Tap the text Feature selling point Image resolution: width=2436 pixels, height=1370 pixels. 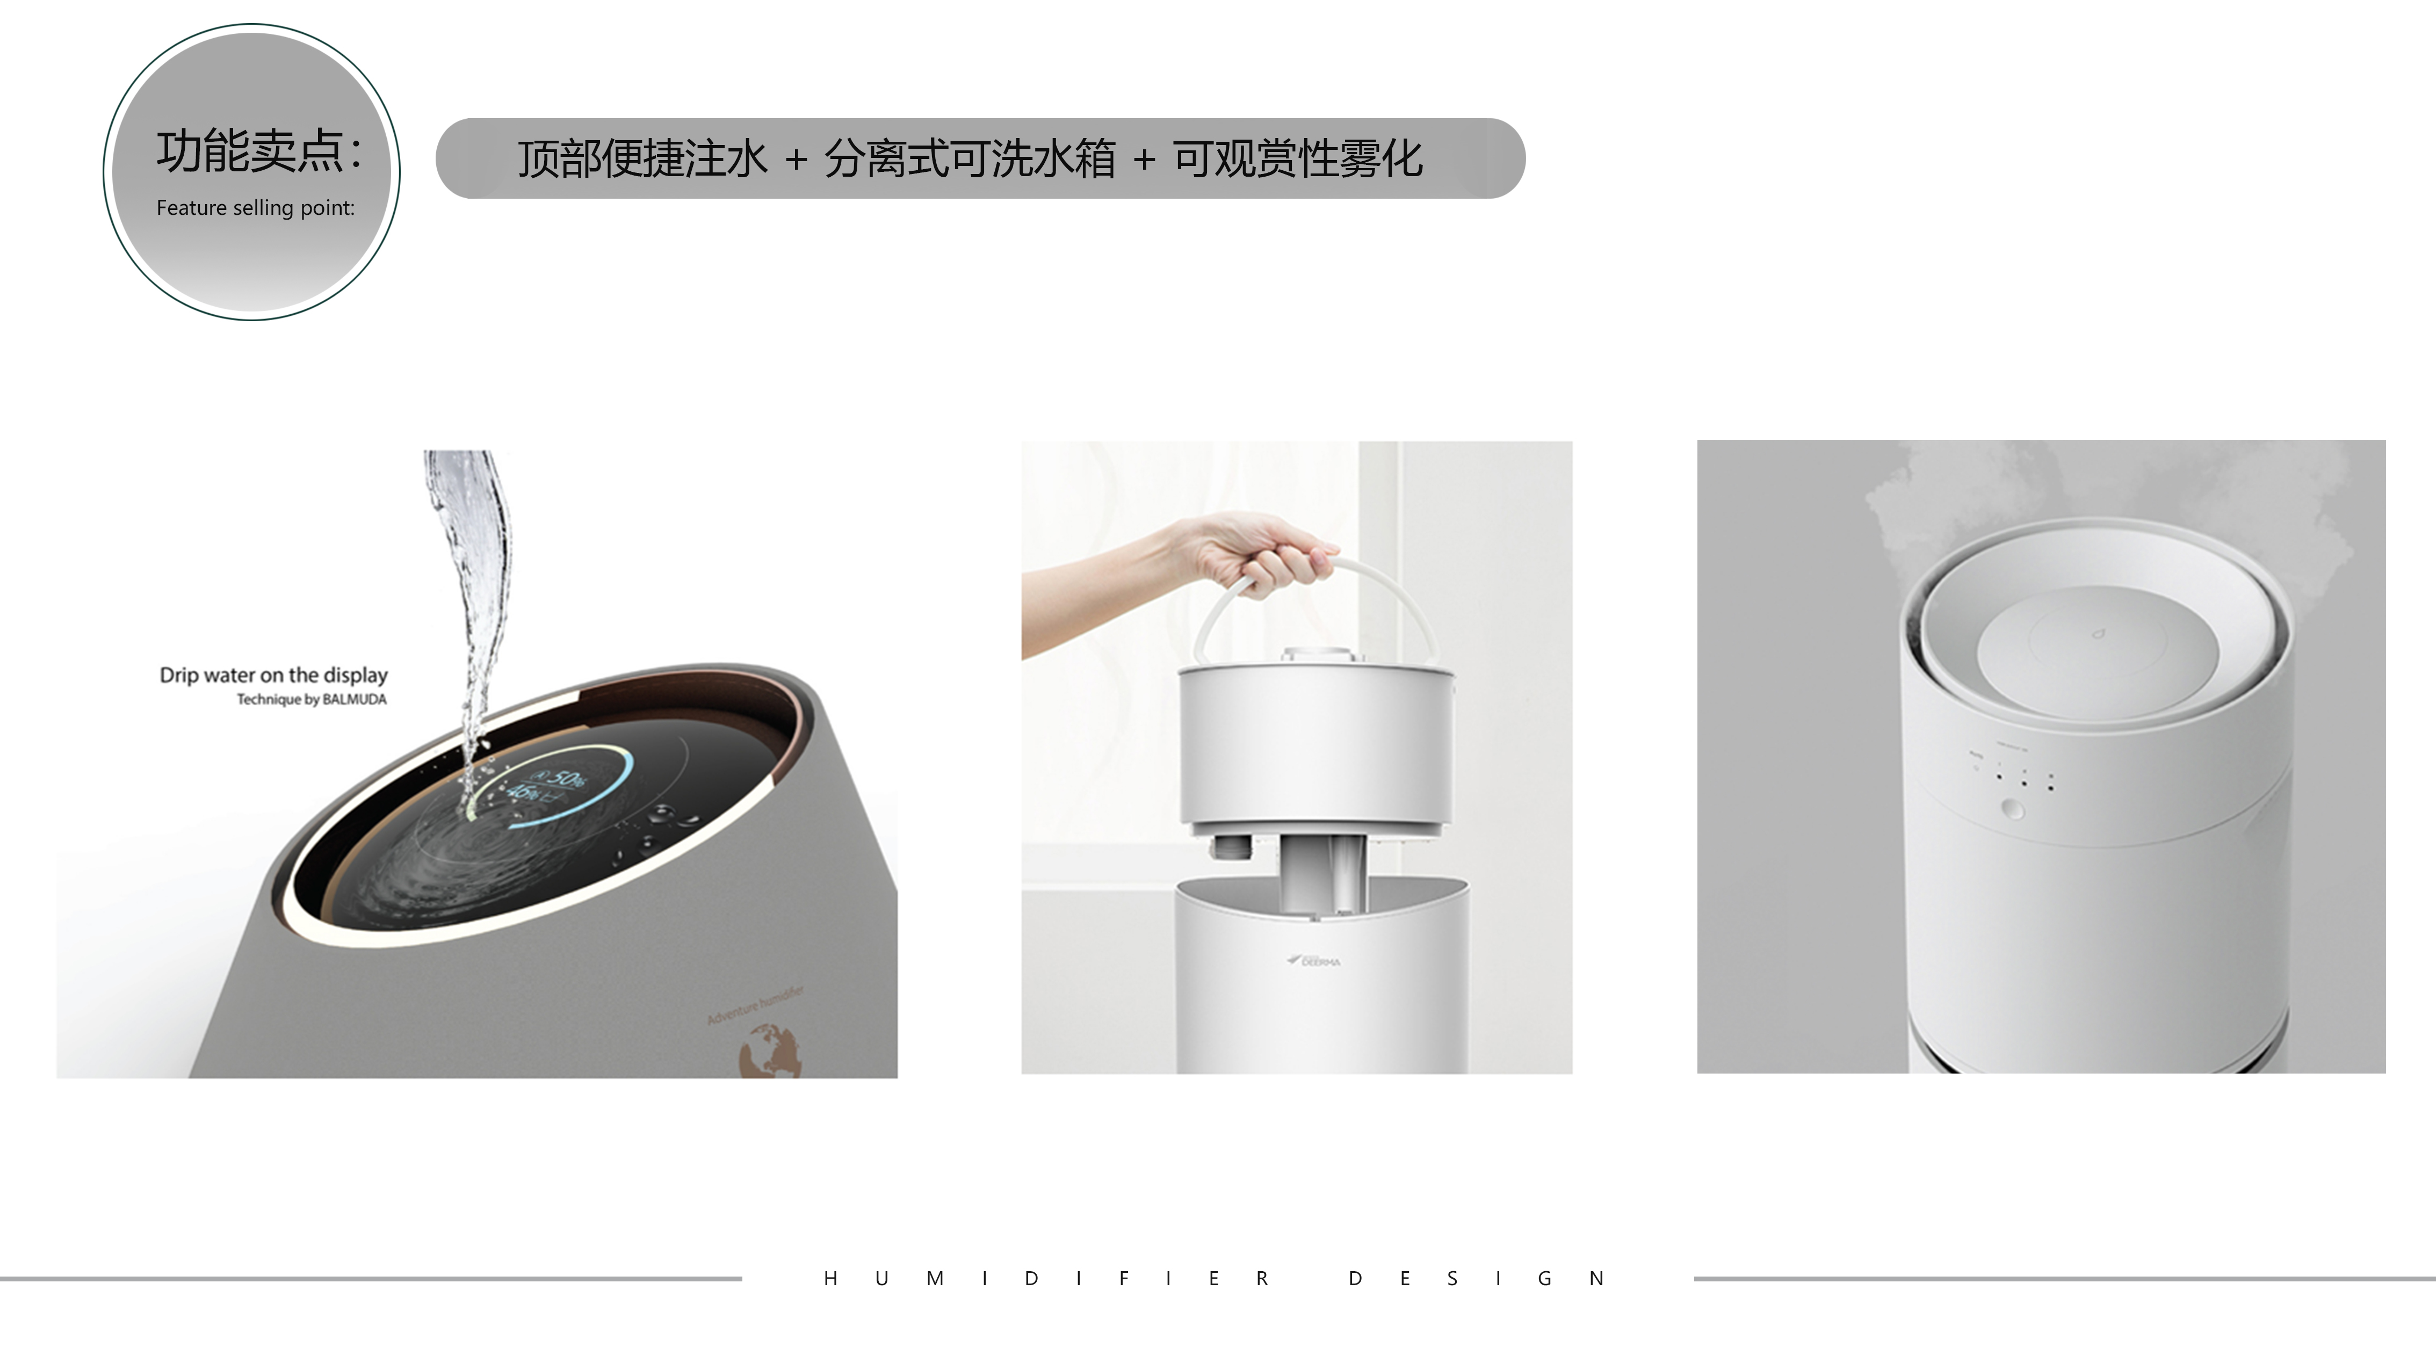[x=255, y=208]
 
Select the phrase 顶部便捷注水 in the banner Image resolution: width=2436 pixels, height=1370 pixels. [x=642, y=159]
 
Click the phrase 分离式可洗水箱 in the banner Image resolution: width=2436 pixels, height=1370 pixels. [x=969, y=159]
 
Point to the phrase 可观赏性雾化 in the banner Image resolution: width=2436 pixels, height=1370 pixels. [x=1297, y=159]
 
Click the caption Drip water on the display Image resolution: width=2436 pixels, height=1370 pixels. [x=273, y=675]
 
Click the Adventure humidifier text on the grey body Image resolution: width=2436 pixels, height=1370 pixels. [x=756, y=1005]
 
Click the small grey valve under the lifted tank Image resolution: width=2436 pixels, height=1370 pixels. [x=1230, y=846]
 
